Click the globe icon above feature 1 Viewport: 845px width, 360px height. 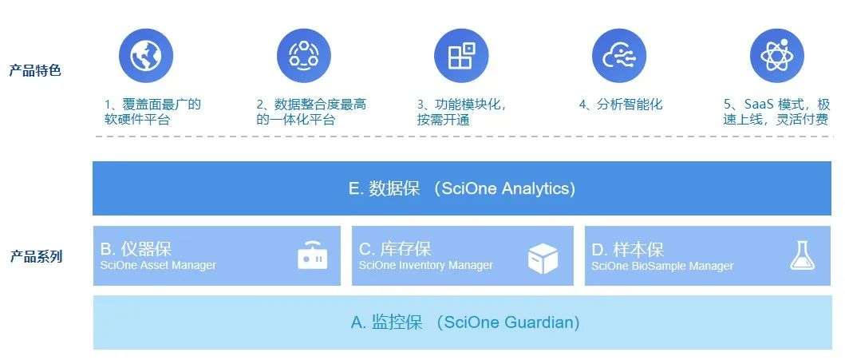click(x=145, y=56)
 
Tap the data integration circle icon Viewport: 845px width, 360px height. click(x=304, y=56)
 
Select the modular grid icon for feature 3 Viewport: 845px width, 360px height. click(x=461, y=56)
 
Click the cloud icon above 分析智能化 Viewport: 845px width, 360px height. click(x=619, y=56)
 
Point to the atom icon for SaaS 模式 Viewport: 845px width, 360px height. click(x=777, y=56)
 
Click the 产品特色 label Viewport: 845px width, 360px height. click(x=36, y=70)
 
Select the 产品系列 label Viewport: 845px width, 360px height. click(x=36, y=256)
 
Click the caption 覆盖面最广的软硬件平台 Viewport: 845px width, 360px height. click(x=152, y=112)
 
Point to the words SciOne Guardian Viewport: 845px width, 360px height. click(x=508, y=322)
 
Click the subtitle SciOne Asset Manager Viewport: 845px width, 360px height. click(x=158, y=265)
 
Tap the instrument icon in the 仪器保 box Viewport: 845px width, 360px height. click(x=313, y=255)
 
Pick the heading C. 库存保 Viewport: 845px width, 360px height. click(x=395, y=249)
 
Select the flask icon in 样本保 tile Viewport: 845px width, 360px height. click(x=803, y=255)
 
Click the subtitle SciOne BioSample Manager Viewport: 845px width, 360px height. click(x=662, y=267)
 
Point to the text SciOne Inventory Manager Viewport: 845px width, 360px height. click(x=426, y=265)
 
